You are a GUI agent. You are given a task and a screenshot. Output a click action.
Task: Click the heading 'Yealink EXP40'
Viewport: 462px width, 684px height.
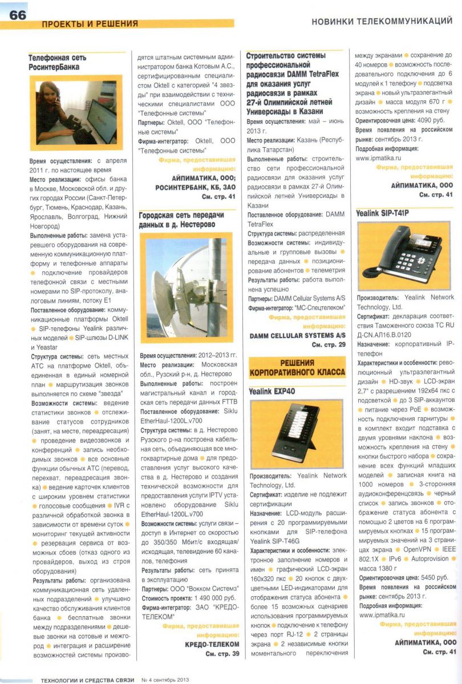(272, 392)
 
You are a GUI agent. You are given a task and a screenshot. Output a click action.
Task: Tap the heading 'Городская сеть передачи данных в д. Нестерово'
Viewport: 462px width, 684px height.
(181, 220)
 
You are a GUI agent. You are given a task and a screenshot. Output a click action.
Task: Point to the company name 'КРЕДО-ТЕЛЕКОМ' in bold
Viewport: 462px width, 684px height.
(212, 644)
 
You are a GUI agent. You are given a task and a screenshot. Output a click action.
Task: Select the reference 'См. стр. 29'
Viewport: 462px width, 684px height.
(329, 345)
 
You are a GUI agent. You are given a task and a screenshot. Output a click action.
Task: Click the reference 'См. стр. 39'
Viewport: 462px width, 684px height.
(222, 654)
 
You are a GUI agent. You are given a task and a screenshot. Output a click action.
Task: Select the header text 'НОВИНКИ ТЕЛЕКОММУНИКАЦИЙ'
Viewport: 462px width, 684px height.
(382, 22)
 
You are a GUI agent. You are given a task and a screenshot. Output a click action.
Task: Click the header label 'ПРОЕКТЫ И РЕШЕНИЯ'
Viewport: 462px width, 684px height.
(90, 24)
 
